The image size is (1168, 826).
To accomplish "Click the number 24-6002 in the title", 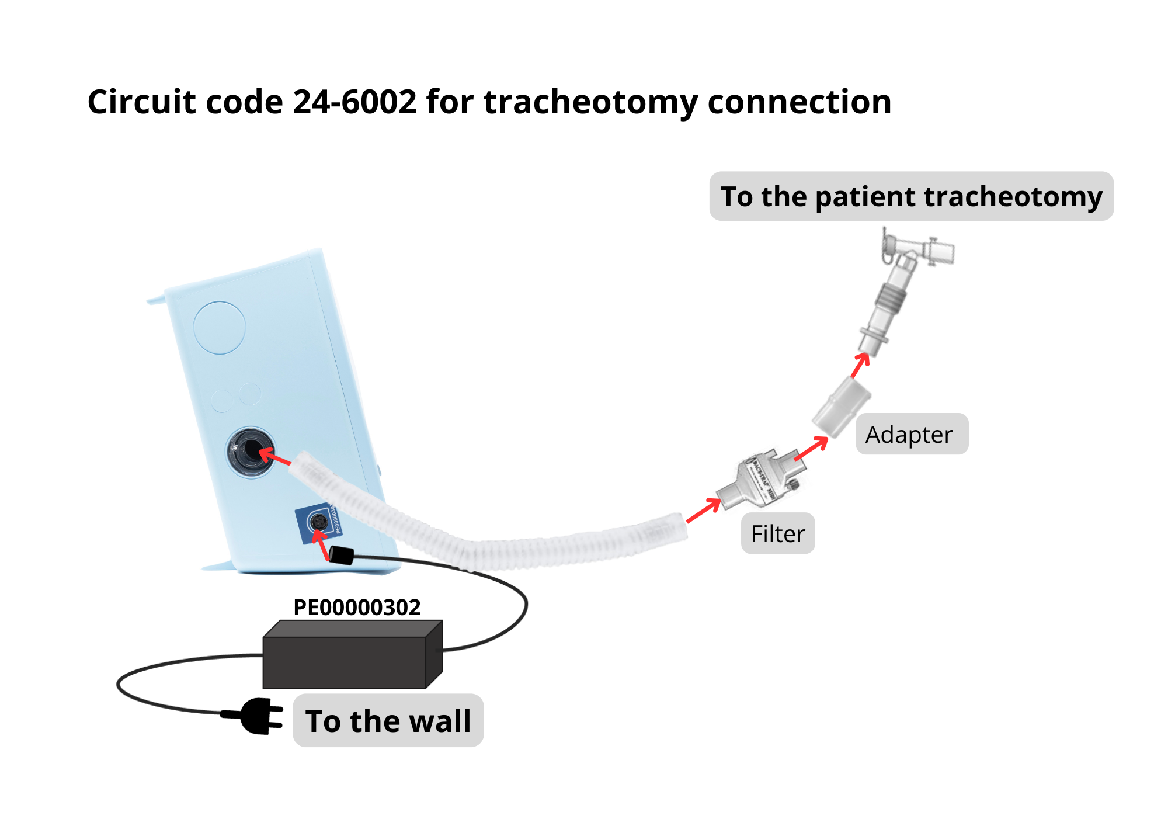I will coord(354,102).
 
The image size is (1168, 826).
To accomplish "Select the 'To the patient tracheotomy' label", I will coord(911,196).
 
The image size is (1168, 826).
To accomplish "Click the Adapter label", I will coord(912,435).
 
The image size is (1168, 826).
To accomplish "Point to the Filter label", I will coord(778,533).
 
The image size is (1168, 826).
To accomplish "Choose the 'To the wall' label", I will coord(388,721).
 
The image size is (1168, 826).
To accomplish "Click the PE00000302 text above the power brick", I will coord(357,608).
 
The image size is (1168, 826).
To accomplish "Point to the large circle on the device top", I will coord(220,327).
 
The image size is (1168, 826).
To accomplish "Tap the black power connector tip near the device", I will coord(342,554).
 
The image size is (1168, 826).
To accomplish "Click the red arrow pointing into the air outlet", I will coord(274,456).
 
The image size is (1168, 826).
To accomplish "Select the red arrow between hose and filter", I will coord(704,510).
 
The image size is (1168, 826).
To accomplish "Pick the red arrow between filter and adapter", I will coord(812,448).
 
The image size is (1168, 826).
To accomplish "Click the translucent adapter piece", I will coord(841,407).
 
